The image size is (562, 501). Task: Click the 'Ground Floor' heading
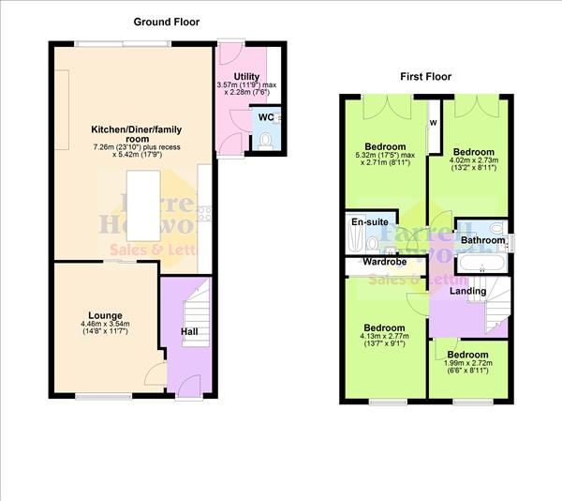(x=166, y=22)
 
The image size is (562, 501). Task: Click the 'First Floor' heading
(x=425, y=76)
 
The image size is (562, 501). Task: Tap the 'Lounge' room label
(x=106, y=315)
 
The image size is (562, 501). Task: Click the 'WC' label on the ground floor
(x=265, y=117)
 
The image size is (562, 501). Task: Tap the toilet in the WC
(x=267, y=140)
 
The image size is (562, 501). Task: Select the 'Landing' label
(x=467, y=291)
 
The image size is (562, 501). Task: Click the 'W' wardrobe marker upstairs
(x=433, y=123)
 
